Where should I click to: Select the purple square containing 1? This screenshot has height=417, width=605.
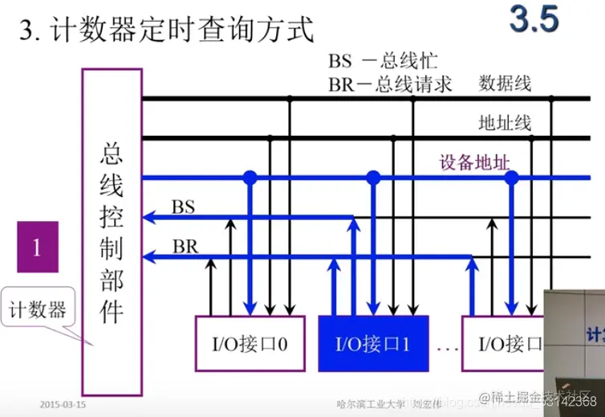click(37, 247)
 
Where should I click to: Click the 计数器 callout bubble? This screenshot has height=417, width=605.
click(37, 309)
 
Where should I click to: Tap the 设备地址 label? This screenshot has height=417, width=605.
click(474, 162)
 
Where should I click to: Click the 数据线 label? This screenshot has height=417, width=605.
click(505, 83)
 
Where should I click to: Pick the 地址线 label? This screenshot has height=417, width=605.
click(505, 123)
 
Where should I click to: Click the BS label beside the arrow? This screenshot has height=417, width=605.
click(184, 206)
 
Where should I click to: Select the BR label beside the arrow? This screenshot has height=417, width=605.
click(185, 245)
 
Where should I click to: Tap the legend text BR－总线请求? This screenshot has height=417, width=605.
click(390, 84)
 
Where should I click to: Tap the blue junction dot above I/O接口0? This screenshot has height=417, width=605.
click(250, 177)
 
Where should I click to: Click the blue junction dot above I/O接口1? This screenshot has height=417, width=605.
click(372, 177)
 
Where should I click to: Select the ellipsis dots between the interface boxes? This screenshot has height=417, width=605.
click(445, 348)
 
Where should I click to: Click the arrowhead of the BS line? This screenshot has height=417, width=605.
click(148, 217)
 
